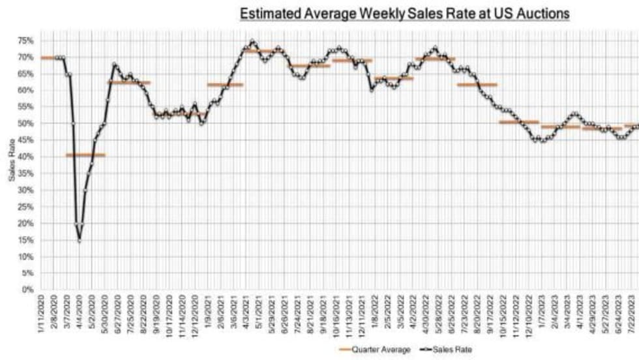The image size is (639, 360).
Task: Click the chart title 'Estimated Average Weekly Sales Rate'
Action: [404, 14]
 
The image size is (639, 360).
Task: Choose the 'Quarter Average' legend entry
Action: [375, 350]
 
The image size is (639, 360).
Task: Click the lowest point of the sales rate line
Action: [80, 241]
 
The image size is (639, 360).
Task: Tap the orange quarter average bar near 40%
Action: [85, 155]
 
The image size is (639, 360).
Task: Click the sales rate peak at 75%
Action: [252, 40]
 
